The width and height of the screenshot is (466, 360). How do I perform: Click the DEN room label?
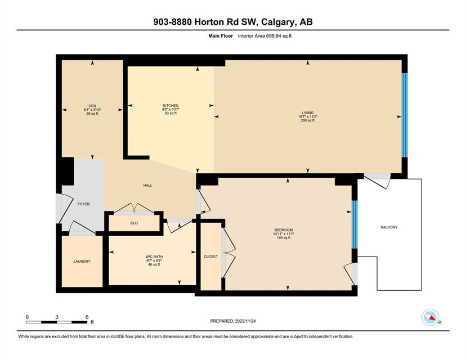pos(92,106)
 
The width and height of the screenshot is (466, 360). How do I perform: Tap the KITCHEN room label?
pos(171,105)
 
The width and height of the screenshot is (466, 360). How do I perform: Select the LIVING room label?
pos(308,113)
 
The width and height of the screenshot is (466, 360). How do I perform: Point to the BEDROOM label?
pos(283,230)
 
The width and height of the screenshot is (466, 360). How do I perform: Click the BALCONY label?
pos(389,227)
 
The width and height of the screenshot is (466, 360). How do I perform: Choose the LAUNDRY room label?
pos(82,262)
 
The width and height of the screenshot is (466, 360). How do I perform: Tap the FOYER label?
pos(83,204)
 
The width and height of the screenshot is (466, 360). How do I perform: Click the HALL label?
pos(147,186)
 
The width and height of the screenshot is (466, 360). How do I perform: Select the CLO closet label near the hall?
pos(134,223)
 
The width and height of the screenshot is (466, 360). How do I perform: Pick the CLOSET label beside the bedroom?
pos(210,256)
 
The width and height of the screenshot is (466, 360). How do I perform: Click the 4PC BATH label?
pos(154,256)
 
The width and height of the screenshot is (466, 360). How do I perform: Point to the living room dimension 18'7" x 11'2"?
pos(308,117)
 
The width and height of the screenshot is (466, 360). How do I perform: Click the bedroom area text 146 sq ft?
pos(283,237)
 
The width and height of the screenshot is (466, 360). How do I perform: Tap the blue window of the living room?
pos(405,115)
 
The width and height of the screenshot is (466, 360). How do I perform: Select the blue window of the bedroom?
pos(355,224)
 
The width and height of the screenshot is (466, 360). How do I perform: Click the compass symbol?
pos(431,317)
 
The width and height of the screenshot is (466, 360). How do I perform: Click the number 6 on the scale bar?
pos(87,317)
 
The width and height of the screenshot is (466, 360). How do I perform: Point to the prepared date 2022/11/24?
pos(245,321)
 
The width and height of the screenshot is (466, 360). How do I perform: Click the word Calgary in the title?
pos(278,22)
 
